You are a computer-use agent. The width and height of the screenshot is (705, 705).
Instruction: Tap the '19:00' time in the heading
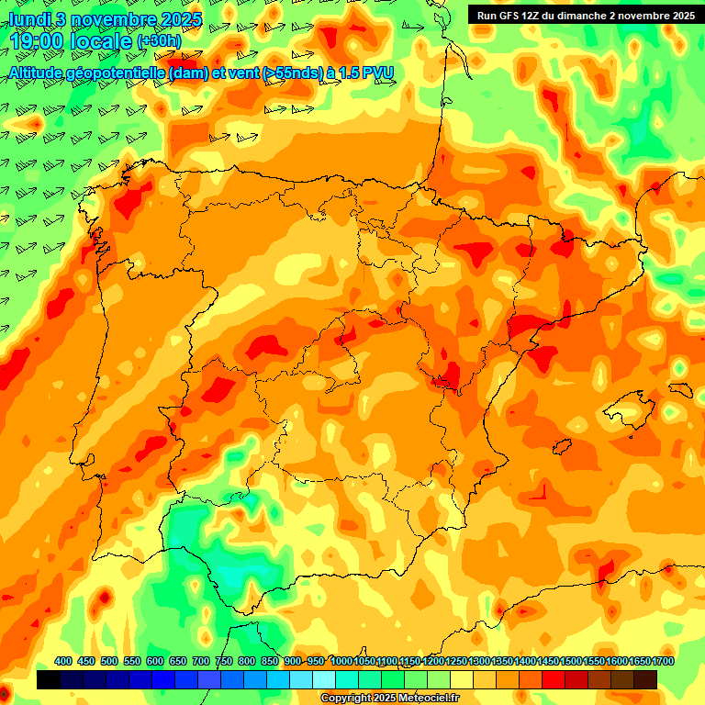(37, 41)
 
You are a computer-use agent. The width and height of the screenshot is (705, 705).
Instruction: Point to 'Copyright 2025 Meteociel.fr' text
(390, 699)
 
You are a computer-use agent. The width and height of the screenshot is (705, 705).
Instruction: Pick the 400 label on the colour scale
(63, 662)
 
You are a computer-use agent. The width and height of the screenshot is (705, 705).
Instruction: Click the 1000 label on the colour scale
(341, 662)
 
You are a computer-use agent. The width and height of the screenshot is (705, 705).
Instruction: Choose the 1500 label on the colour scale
(571, 662)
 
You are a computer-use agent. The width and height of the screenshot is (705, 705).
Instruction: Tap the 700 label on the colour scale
(201, 662)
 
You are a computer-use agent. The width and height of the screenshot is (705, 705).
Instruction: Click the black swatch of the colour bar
(49, 680)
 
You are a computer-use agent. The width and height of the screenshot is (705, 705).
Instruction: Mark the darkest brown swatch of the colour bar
(645, 680)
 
